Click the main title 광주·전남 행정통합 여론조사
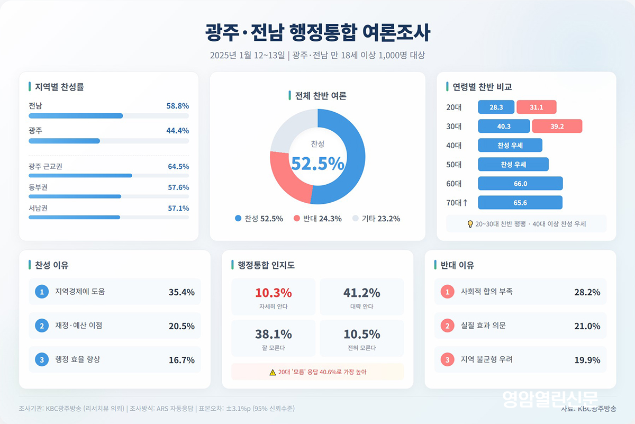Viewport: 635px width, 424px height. (x=317, y=32)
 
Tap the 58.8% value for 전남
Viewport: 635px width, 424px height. (x=177, y=106)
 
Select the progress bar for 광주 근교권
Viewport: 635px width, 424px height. (x=80, y=175)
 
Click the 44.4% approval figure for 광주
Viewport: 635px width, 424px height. (x=177, y=131)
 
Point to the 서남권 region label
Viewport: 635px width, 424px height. (x=39, y=209)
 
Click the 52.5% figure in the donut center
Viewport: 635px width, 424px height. (x=317, y=164)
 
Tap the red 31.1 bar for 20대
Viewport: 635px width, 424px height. (x=536, y=107)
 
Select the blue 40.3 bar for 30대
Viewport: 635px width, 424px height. (x=504, y=127)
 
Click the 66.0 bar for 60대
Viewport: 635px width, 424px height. (x=520, y=184)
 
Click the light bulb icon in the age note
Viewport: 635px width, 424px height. (x=470, y=224)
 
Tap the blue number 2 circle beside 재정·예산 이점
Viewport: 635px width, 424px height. (x=41, y=326)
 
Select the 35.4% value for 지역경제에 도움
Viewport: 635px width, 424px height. (x=182, y=292)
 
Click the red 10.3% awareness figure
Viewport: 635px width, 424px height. (x=273, y=293)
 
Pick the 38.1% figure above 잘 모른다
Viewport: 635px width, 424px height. (x=273, y=334)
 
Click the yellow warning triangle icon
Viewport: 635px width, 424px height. (x=273, y=372)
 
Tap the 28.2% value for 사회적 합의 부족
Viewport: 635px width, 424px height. (x=587, y=292)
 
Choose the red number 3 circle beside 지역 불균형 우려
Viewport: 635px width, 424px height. (x=447, y=360)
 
